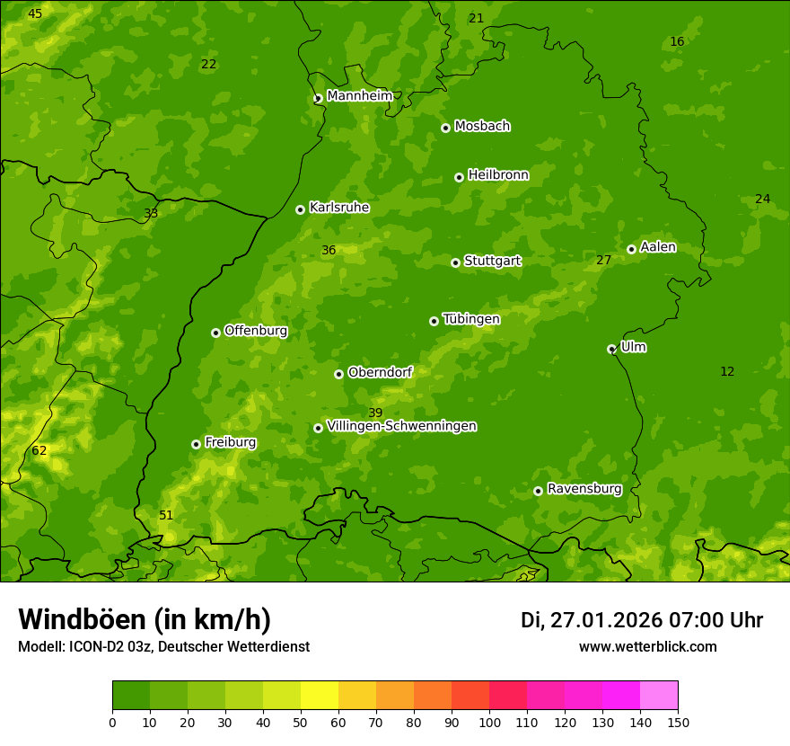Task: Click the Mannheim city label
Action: pyautogui.click(x=359, y=96)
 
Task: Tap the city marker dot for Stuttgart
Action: pyautogui.click(x=455, y=262)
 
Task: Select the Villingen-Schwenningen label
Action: pyautogui.click(x=401, y=426)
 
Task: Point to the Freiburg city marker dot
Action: pyautogui.click(x=196, y=444)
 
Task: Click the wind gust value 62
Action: pyautogui.click(x=39, y=451)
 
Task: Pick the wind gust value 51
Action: pyautogui.click(x=166, y=516)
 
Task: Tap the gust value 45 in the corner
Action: pyautogui.click(x=34, y=14)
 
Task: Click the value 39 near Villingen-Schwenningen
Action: pyautogui.click(x=375, y=413)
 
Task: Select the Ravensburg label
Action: pyautogui.click(x=584, y=489)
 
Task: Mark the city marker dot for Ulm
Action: pyautogui.click(x=611, y=349)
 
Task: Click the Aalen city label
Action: pyautogui.click(x=658, y=247)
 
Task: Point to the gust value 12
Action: pyautogui.click(x=727, y=372)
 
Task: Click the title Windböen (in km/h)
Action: pyautogui.click(x=145, y=619)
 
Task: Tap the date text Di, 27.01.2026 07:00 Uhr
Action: pyautogui.click(x=642, y=620)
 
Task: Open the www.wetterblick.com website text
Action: pyautogui.click(x=647, y=647)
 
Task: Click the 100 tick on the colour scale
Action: pyautogui.click(x=489, y=723)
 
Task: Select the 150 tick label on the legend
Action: pyautogui.click(x=678, y=723)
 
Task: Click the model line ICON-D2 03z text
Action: pyautogui.click(x=163, y=647)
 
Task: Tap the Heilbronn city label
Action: pyautogui.click(x=498, y=175)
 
